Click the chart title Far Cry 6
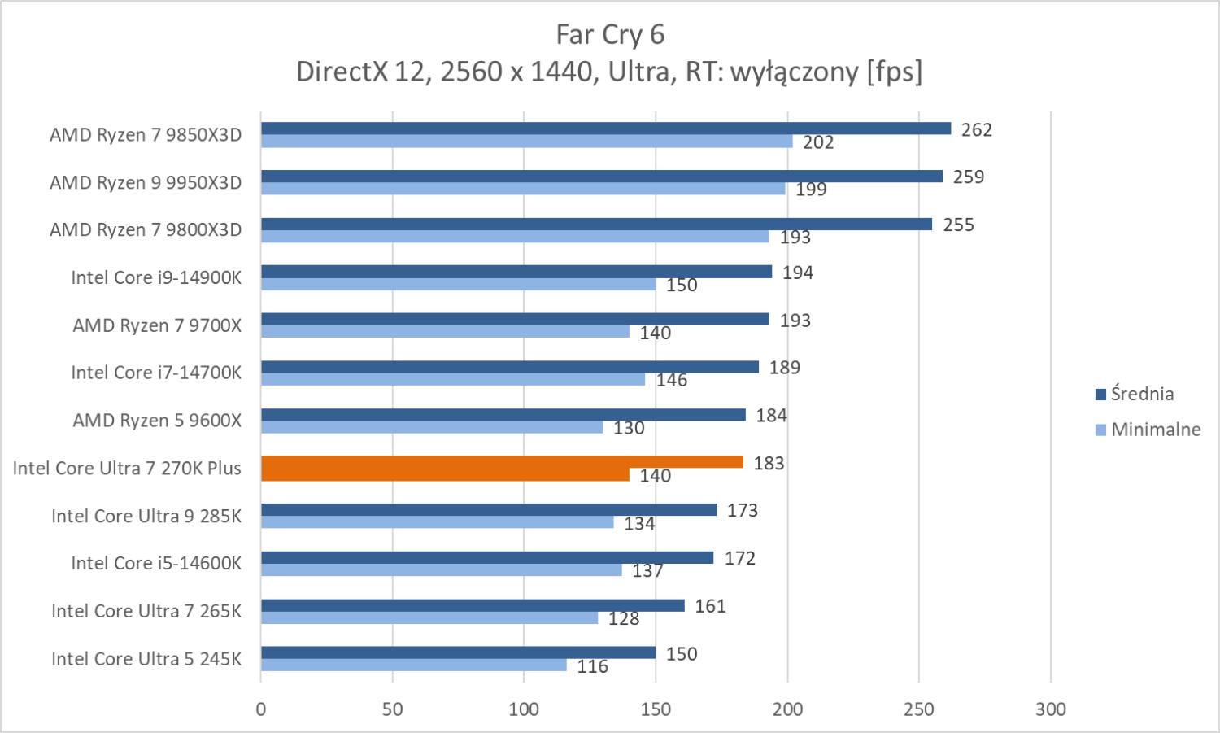(x=610, y=34)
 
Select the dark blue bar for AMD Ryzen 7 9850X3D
(x=606, y=129)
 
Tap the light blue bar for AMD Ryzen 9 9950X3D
(x=523, y=189)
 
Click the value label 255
(x=958, y=225)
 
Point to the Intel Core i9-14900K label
(x=156, y=277)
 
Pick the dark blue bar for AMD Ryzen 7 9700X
(x=515, y=319)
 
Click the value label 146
(x=672, y=380)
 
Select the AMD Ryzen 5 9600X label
(x=157, y=421)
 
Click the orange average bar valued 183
(x=502, y=462)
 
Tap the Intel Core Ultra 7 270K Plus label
(x=127, y=468)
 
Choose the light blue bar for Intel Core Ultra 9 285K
(x=438, y=522)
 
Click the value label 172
(x=740, y=558)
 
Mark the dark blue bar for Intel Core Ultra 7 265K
(x=473, y=605)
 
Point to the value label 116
(x=592, y=666)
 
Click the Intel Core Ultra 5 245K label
(x=146, y=658)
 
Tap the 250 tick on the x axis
(x=919, y=709)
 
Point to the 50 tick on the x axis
(x=392, y=709)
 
